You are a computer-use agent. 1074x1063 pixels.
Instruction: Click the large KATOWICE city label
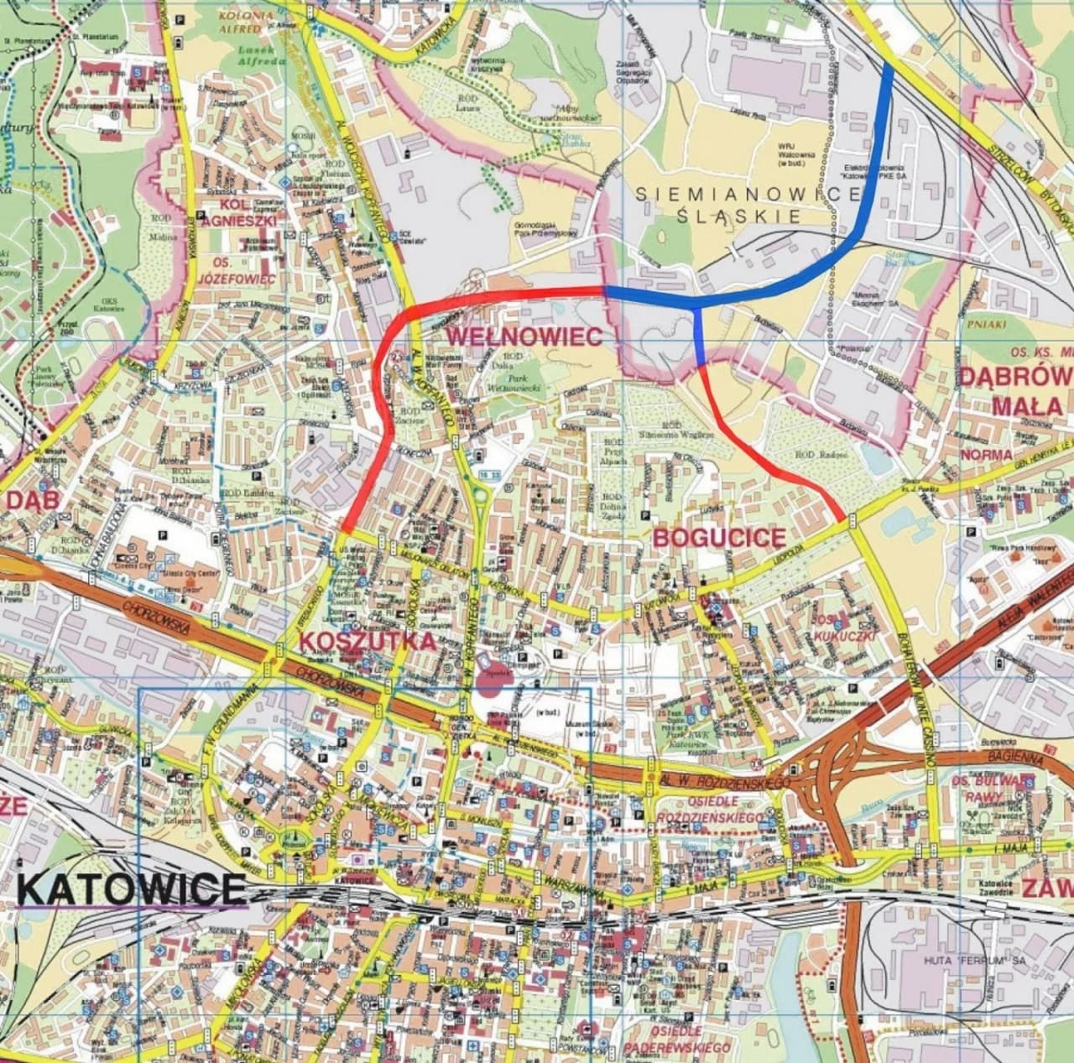[132, 888]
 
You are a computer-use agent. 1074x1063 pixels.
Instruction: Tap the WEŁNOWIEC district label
[524, 336]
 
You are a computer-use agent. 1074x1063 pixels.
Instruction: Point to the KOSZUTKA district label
[368, 642]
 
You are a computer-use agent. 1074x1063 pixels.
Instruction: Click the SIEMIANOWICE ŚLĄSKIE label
[748, 204]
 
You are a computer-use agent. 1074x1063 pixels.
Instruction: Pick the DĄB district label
[24, 499]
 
